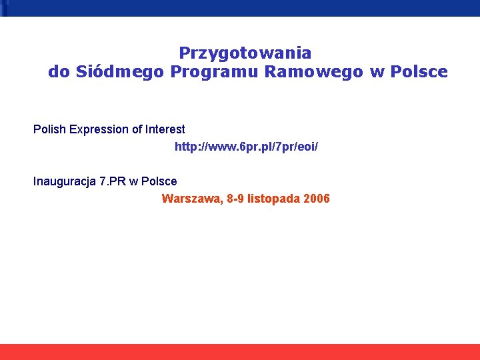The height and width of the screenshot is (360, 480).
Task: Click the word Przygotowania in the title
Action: click(x=245, y=53)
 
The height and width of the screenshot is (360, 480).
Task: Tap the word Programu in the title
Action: click(x=214, y=71)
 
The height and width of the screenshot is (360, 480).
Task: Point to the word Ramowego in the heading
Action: click(x=313, y=71)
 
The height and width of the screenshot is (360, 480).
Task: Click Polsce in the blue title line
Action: click(x=419, y=71)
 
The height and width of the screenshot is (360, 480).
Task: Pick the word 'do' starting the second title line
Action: click(x=59, y=71)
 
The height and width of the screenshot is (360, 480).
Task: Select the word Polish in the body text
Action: click(x=48, y=129)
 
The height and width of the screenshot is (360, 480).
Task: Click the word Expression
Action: click(x=93, y=129)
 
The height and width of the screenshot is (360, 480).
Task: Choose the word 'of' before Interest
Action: click(x=133, y=129)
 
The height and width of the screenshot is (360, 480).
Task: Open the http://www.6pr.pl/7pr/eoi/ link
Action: click(x=246, y=146)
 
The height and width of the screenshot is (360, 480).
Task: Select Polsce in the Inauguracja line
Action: click(x=161, y=181)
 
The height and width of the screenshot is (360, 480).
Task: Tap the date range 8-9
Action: click(x=235, y=199)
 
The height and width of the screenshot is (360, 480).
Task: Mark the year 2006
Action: click(x=316, y=199)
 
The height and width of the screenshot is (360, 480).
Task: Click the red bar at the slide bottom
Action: click(x=240, y=351)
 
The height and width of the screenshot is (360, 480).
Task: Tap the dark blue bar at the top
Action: click(x=240, y=7)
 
